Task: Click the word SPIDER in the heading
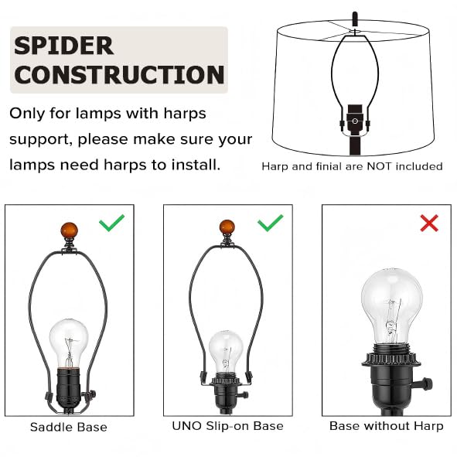[x=63, y=46]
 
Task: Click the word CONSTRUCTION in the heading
[x=119, y=74]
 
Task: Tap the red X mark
[x=429, y=223]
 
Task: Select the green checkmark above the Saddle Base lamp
[x=112, y=223]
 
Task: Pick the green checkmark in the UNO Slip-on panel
[x=271, y=223]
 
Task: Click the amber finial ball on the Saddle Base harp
[x=69, y=230]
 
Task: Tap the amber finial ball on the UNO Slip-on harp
[x=227, y=227]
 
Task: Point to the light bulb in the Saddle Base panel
[x=69, y=343]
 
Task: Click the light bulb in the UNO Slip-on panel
[x=226, y=352]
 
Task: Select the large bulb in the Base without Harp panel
[x=392, y=306]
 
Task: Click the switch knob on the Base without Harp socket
[x=425, y=384]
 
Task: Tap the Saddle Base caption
[x=69, y=427]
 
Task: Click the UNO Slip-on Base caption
[x=227, y=426]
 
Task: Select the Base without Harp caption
[x=387, y=426]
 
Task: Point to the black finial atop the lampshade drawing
[x=355, y=19]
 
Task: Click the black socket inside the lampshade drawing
[x=355, y=120]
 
